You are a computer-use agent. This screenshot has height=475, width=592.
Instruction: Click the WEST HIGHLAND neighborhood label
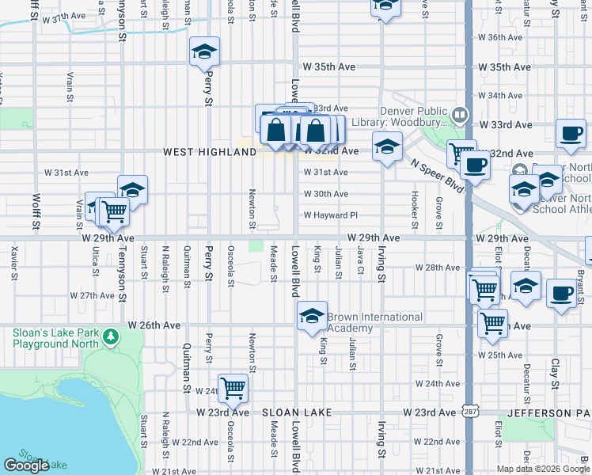[199, 152]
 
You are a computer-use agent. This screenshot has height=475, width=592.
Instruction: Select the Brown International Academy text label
[374, 322]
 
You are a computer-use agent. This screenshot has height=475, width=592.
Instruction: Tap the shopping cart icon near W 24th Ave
[233, 388]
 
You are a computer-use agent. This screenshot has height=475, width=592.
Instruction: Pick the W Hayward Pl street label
[332, 215]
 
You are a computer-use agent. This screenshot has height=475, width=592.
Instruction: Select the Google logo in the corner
[26, 465]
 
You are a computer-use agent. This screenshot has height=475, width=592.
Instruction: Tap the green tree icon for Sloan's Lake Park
[111, 338]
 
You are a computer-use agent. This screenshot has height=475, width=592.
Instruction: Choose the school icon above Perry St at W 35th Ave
[204, 52]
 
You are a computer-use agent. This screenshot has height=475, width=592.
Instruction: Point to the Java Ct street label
[360, 261]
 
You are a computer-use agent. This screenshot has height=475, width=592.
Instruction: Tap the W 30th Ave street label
[325, 194]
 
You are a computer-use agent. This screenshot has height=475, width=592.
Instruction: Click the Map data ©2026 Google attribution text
[542, 469]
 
